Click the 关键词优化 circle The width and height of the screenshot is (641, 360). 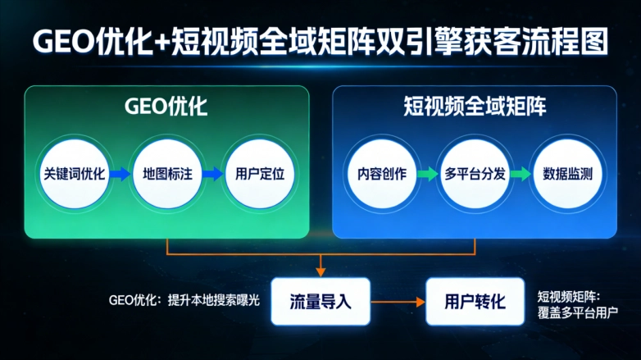[x=74, y=174]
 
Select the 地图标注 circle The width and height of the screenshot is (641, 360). [x=166, y=174]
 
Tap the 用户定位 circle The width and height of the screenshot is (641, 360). [x=260, y=174]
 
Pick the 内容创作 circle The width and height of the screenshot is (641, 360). [x=382, y=174]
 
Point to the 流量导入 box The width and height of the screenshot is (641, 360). [x=320, y=300]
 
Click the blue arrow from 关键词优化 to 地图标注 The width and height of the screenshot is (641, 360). [x=120, y=174]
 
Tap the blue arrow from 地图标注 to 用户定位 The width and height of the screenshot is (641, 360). [x=213, y=174]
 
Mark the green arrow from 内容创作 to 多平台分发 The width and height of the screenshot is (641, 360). [x=428, y=174]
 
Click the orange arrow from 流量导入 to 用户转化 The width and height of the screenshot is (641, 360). [x=398, y=301]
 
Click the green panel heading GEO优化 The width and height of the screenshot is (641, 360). [x=166, y=107]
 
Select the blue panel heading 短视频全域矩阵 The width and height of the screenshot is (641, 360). [x=475, y=107]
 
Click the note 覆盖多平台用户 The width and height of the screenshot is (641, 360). [x=578, y=312]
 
